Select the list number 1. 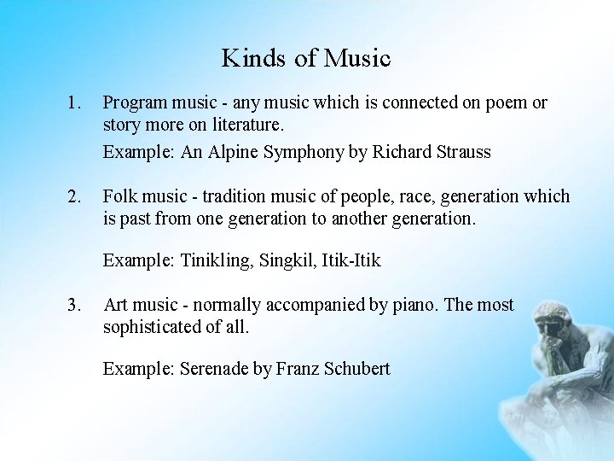[74, 102]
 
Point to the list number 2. [74, 196]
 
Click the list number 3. [74, 305]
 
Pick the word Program [136, 103]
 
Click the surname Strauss [461, 152]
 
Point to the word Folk [119, 196]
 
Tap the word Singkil [287, 260]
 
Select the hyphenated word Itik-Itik [351, 260]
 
